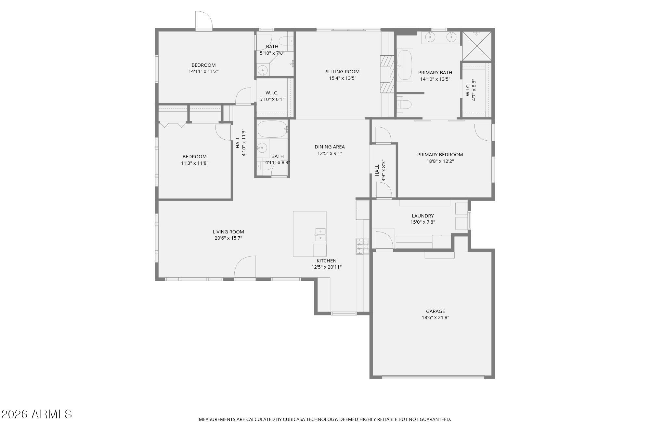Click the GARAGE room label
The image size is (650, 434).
click(435, 311)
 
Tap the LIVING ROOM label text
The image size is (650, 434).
click(228, 232)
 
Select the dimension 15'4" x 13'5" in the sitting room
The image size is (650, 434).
click(343, 78)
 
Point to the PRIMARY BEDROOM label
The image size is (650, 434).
click(440, 155)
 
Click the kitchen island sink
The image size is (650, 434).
click(320, 234)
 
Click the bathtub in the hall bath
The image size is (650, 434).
click(272, 130)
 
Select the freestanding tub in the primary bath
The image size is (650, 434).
click(405, 65)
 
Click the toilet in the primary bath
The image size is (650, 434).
click(404, 104)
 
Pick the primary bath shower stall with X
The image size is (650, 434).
click(477, 46)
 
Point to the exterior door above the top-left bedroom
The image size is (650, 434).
click(203, 21)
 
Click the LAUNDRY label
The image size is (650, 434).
click(422, 216)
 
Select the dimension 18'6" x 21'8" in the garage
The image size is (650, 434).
click(435, 317)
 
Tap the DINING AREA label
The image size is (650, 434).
click(330, 147)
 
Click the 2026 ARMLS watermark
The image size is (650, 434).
click(36, 414)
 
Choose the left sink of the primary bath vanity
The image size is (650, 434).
click(430, 37)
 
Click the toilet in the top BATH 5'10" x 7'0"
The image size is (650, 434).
click(286, 41)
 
